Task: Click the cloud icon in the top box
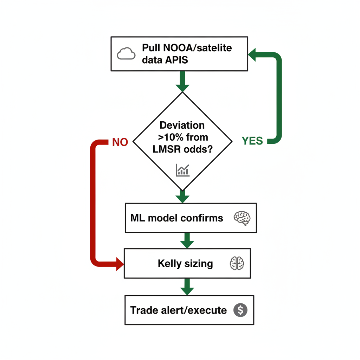pyautogui.click(x=126, y=54)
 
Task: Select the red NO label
pyautogui.click(x=120, y=142)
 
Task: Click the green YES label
pyautogui.click(x=252, y=141)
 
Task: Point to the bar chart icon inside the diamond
pyautogui.click(x=182, y=170)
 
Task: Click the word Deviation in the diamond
pyautogui.click(x=182, y=125)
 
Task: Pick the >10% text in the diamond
pyautogui.click(x=168, y=137)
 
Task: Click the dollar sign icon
pyautogui.click(x=240, y=310)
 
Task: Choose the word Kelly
pyautogui.click(x=169, y=263)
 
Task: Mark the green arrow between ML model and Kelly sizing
pyautogui.click(x=187, y=240)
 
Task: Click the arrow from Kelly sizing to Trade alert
pyautogui.click(x=187, y=287)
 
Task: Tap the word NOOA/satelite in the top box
pyautogui.click(x=187, y=48)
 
